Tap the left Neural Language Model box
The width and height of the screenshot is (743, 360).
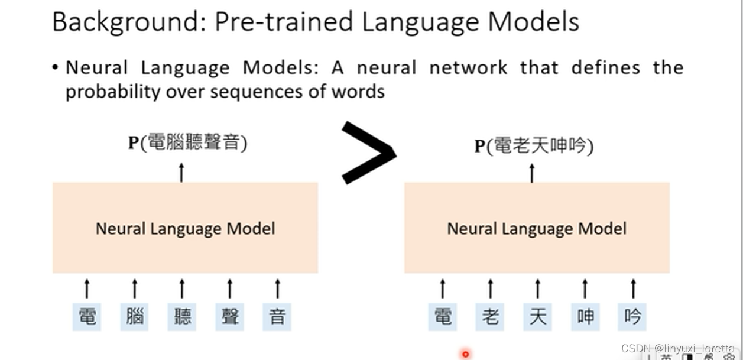tap(185, 228)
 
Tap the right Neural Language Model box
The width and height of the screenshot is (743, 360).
tap(537, 228)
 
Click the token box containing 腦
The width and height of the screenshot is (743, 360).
tap(135, 316)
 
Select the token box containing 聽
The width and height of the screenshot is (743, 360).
tap(182, 316)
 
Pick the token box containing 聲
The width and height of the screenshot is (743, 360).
tap(229, 316)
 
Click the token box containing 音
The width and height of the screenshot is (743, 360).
tap(277, 316)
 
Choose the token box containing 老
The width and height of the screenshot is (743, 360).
tap(490, 316)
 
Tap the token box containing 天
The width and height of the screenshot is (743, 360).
tap(537, 316)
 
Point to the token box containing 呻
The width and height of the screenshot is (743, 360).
tap(585, 316)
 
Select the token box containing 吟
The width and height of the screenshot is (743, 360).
tap(632, 316)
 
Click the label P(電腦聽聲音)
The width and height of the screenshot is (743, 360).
tap(187, 142)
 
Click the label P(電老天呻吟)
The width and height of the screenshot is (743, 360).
tap(534, 145)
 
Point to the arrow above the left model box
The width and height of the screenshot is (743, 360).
tap(181, 172)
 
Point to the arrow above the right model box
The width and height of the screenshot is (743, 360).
tap(532, 173)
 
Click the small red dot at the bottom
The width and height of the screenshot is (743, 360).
tap(465, 354)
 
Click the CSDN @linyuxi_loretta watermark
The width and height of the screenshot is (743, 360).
tap(678, 349)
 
